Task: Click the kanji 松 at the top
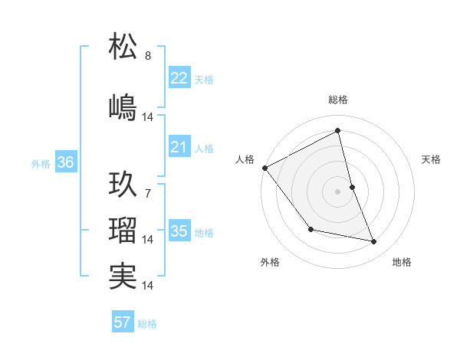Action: coord(123,47)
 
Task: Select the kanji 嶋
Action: coord(123,107)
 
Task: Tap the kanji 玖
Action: coord(123,185)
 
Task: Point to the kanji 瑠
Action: coord(123,230)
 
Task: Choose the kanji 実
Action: coord(123,276)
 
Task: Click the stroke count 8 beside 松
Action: coord(148,56)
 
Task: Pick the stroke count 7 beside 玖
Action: coord(148,194)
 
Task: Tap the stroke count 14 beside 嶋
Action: coord(148,117)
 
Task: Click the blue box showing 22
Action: coord(179,78)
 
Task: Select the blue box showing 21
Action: coord(179,147)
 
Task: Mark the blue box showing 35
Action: coord(179,231)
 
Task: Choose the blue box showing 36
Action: coord(66,162)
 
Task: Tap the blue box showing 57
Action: coord(123,322)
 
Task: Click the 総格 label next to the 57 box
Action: coord(148,324)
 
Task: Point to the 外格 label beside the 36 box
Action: coord(41,163)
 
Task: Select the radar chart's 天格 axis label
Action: coord(432,159)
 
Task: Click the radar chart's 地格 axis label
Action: coord(402,262)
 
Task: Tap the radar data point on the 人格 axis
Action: coord(264,168)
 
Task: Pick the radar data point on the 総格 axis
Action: coord(338,131)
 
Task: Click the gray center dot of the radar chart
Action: coord(338,191)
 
